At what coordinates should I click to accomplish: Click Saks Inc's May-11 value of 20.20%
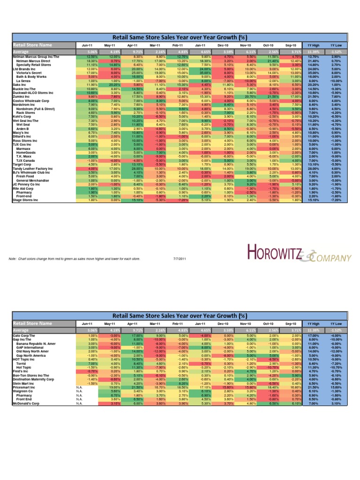(x=110, y=85)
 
